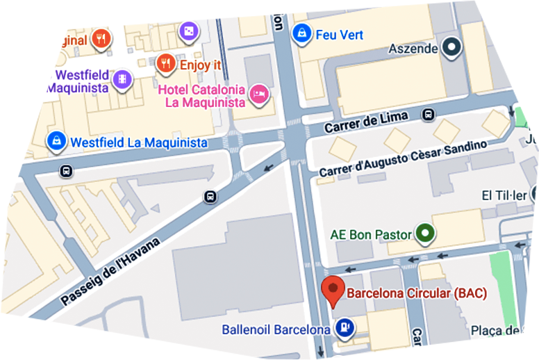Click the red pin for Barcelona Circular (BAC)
coord(335,291)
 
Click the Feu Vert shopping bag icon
coord(301,33)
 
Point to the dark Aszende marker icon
coord(453,48)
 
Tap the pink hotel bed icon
coord(259,95)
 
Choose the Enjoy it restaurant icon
coord(165,65)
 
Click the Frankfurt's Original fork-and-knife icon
coord(101,38)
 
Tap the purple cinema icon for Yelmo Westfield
coord(122,79)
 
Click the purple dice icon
coord(188,31)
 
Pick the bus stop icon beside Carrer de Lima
coord(429,115)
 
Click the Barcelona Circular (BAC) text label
coord(417,293)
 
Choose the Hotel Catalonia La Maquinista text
coord(203,96)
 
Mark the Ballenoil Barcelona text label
coord(275,329)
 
